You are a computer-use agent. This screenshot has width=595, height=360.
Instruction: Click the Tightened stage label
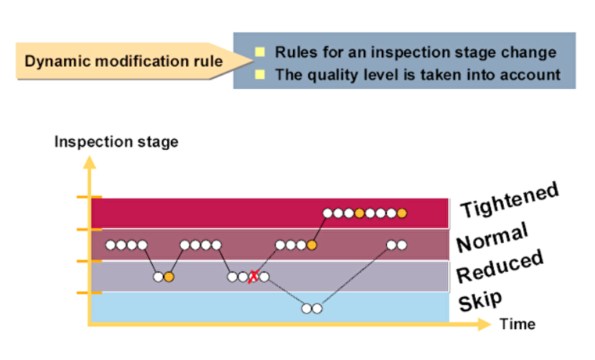coord(508,201)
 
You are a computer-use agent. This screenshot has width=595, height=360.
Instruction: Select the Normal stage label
coord(492,237)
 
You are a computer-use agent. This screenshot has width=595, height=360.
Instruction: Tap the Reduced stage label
coord(500,267)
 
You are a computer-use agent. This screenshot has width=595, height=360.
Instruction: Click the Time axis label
coord(517,323)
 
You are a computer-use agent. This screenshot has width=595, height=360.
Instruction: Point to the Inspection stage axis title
coord(116,141)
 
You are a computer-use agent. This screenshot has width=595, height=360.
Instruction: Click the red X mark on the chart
coord(253,277)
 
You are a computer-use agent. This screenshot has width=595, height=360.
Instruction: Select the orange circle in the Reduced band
coord(169,277)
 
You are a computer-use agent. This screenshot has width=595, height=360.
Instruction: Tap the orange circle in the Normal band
coord(311,245)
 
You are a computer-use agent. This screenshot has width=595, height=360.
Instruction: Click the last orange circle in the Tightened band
coord(402,213)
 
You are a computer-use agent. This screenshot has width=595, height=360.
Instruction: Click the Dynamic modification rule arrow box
coord(122,61)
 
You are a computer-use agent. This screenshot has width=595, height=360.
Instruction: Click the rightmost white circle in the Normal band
coord(401,245)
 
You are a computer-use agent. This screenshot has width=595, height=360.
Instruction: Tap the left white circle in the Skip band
coord(306,309)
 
